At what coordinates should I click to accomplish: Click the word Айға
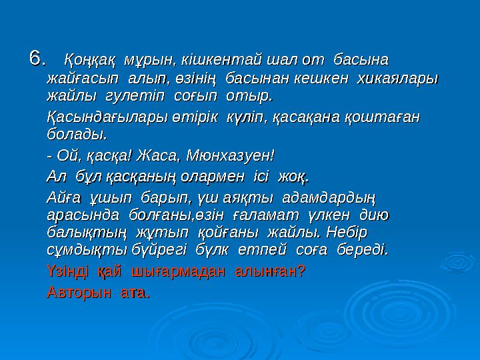pos(62,198)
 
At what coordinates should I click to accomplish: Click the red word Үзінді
pos(68,271)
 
